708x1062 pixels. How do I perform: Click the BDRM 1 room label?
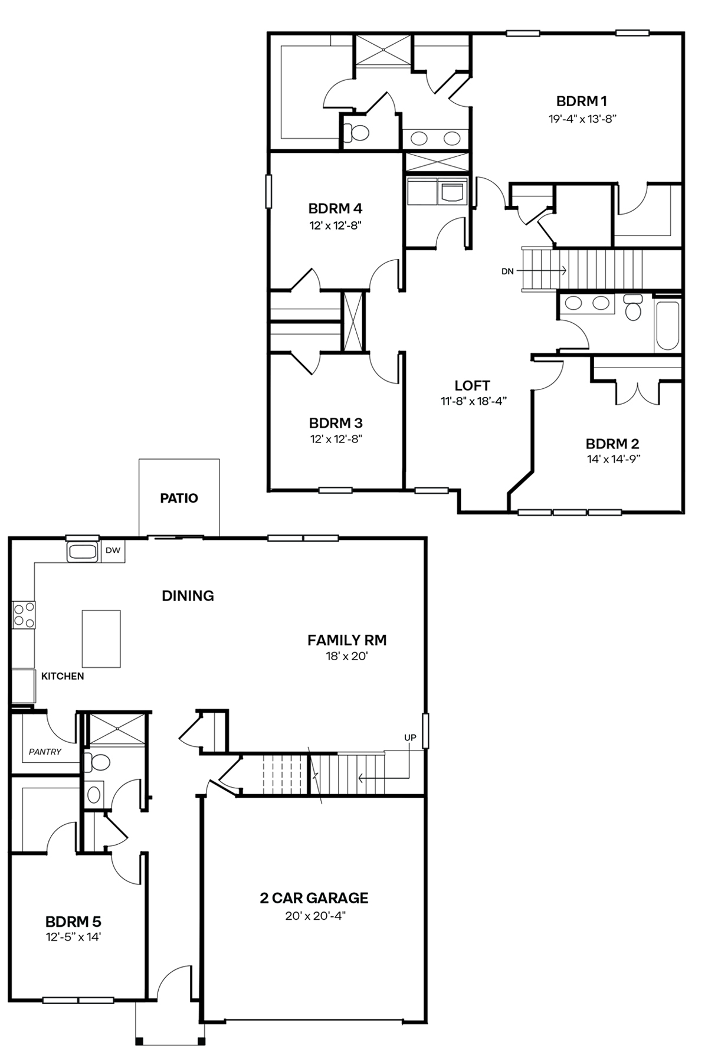point(582,101)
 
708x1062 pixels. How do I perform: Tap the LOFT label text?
point(472,386)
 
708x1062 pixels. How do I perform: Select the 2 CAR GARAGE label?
point(314,898)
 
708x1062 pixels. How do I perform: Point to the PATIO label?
point(179,498)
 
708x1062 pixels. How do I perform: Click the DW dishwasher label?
point(113,550)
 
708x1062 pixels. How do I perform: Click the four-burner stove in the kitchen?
point(24,614)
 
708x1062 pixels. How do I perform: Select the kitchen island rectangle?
point(101,639)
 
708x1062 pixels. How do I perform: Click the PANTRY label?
point(45,752)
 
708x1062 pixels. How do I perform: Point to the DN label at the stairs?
point(507,271)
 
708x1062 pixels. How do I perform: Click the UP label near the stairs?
point(410,737)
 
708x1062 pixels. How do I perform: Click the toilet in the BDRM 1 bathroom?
point(356,133)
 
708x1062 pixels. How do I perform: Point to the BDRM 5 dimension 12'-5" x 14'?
point(73,936)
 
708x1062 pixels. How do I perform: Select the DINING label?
point(188,596)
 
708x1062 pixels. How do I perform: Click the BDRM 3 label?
point(336,423)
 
